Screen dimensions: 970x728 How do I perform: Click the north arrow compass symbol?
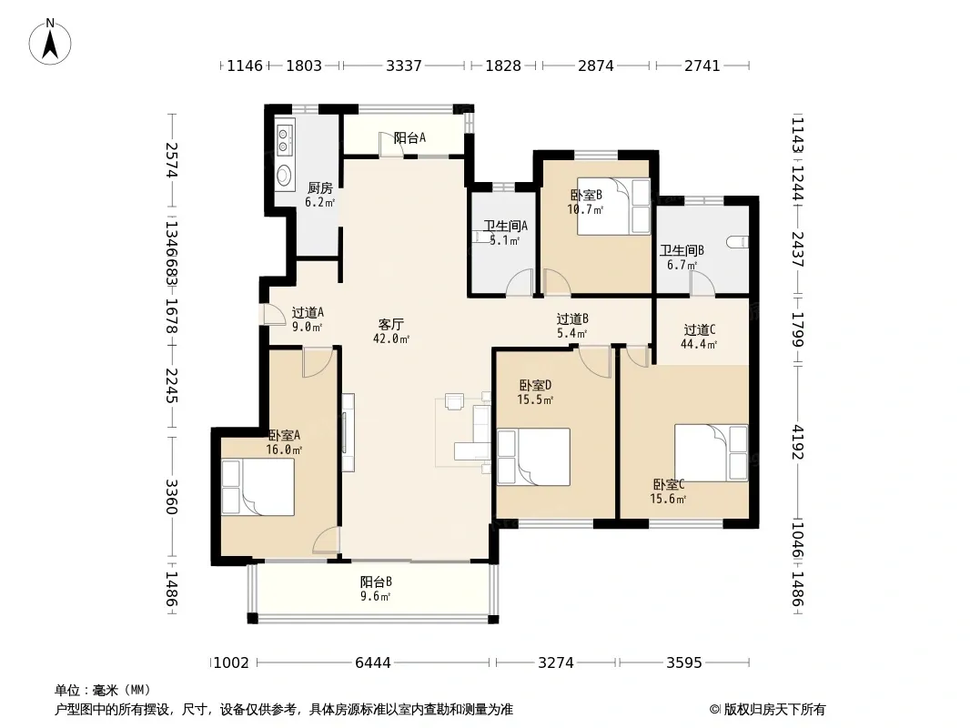[x=50, y=42]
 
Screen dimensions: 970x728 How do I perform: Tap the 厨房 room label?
[x=319, y=188]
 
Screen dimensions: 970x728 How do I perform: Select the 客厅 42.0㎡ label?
[x=391, y=331]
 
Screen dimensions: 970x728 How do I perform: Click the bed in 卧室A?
[x=258, y=487]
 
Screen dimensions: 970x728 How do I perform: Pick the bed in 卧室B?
[x=613, y=207]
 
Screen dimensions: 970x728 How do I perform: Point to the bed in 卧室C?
[x=711, y=453]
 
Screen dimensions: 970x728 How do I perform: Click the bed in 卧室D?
[x=533, y=457]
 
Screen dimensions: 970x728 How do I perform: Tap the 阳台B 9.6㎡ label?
[x=376, y=589]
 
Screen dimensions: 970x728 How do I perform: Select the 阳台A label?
[x=409, y=138]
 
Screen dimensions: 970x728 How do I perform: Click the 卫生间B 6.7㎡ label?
[x=682, y=258]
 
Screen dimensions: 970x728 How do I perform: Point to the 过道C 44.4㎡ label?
[x=699, y=337]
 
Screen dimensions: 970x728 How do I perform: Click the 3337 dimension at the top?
[x=404, y=66]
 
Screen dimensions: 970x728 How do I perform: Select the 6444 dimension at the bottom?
[x=373, y=663]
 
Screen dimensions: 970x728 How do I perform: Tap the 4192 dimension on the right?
[x=797, y=442]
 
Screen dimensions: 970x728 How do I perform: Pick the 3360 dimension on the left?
[x=171, y=497]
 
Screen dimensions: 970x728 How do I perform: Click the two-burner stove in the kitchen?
[x=284, y=140]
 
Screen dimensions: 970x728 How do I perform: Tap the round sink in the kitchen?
[x=284, y=175]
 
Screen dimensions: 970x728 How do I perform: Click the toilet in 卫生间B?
[x=739, y=242]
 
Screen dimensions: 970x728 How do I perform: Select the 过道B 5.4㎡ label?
[x=572, y=326]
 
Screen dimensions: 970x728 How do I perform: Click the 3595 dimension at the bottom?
[x=684, y=663]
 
